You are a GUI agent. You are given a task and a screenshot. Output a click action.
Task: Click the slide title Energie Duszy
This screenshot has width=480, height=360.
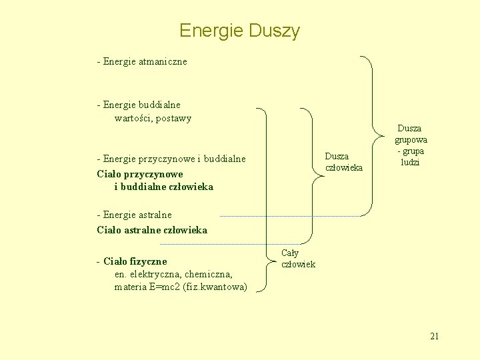click(x=239, y=31)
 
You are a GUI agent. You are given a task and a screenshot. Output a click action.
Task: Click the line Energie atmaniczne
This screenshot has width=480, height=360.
click(x=142, y=61)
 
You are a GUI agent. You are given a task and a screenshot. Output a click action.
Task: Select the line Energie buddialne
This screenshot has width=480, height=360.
click(x=139, y=105)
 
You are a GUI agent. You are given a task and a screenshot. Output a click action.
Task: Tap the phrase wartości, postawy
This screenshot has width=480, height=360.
click(x=153, y=119)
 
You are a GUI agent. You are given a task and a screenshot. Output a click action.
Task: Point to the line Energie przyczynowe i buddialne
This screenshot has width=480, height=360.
click(x=171, y=159)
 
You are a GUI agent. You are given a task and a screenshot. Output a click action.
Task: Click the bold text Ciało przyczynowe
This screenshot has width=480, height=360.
click(x=140, y=173)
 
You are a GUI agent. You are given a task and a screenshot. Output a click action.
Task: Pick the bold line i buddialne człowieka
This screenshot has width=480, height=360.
click(x=164, y=187)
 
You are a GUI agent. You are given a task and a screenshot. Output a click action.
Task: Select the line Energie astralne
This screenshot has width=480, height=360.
click(x=135, y=215)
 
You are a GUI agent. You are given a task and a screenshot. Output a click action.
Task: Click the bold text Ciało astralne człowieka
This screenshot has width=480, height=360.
click(x=152, y=230)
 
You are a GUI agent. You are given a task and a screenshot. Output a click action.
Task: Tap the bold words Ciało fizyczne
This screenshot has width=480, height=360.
click(x=135, y=261)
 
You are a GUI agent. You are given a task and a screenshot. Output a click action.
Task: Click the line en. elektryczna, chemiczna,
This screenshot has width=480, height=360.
click(x=173, y=274)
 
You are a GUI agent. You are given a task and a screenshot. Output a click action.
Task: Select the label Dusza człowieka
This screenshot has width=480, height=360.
click(x=343, y=162)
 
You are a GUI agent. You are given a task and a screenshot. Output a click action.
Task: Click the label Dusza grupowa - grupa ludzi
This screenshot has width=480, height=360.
click(x=411, y=145)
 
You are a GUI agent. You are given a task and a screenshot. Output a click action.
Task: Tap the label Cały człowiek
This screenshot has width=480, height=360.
click(x=298, y=259)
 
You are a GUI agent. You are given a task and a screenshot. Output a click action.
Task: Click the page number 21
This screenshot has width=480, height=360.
click(x=434, y=336)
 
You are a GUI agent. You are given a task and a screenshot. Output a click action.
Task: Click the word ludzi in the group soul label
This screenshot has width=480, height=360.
click(x=410, y=163)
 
